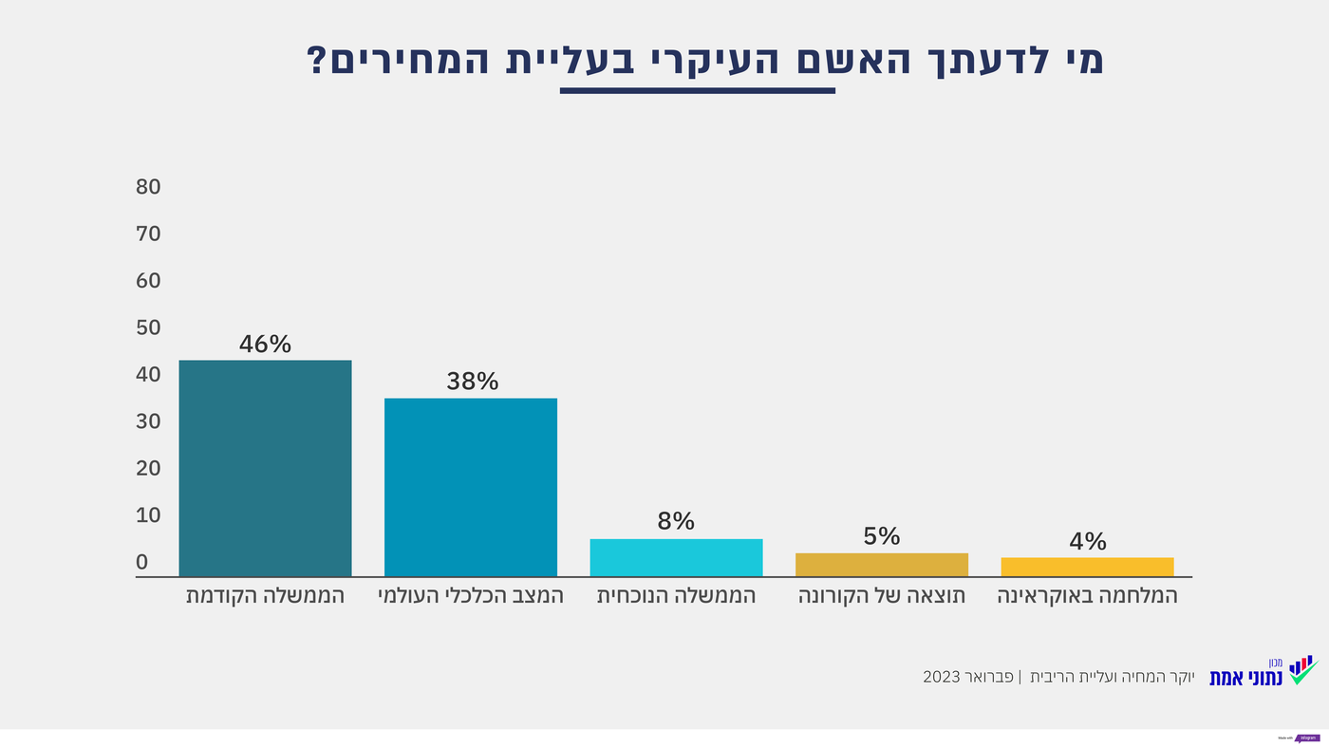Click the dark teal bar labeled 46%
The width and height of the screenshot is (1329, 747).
[265, 468]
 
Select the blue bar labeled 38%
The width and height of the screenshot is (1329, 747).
[470, 487]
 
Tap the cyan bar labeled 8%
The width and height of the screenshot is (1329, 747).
[676, 557]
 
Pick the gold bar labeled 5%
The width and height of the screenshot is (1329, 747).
[881, 565]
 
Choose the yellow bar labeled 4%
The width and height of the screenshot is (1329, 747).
[1087, 567]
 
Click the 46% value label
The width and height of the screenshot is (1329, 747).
[265, 344]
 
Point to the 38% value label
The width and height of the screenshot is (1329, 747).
[472, 382]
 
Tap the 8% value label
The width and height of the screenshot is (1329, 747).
[676, 521]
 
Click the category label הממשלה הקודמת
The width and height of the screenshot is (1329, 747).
[265, 596]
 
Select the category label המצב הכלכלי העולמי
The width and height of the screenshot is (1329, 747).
[471, 596]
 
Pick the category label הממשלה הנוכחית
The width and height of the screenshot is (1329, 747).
[676, 596]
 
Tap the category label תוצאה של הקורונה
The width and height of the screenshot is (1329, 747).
[882, 596]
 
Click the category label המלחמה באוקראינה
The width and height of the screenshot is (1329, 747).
[1087, 596]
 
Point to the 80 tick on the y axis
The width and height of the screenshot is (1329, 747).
[148, 187]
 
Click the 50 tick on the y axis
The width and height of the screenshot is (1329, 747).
[148, 327]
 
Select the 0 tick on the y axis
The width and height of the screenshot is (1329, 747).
[142, 562]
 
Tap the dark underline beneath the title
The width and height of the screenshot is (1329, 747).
[698, 91]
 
